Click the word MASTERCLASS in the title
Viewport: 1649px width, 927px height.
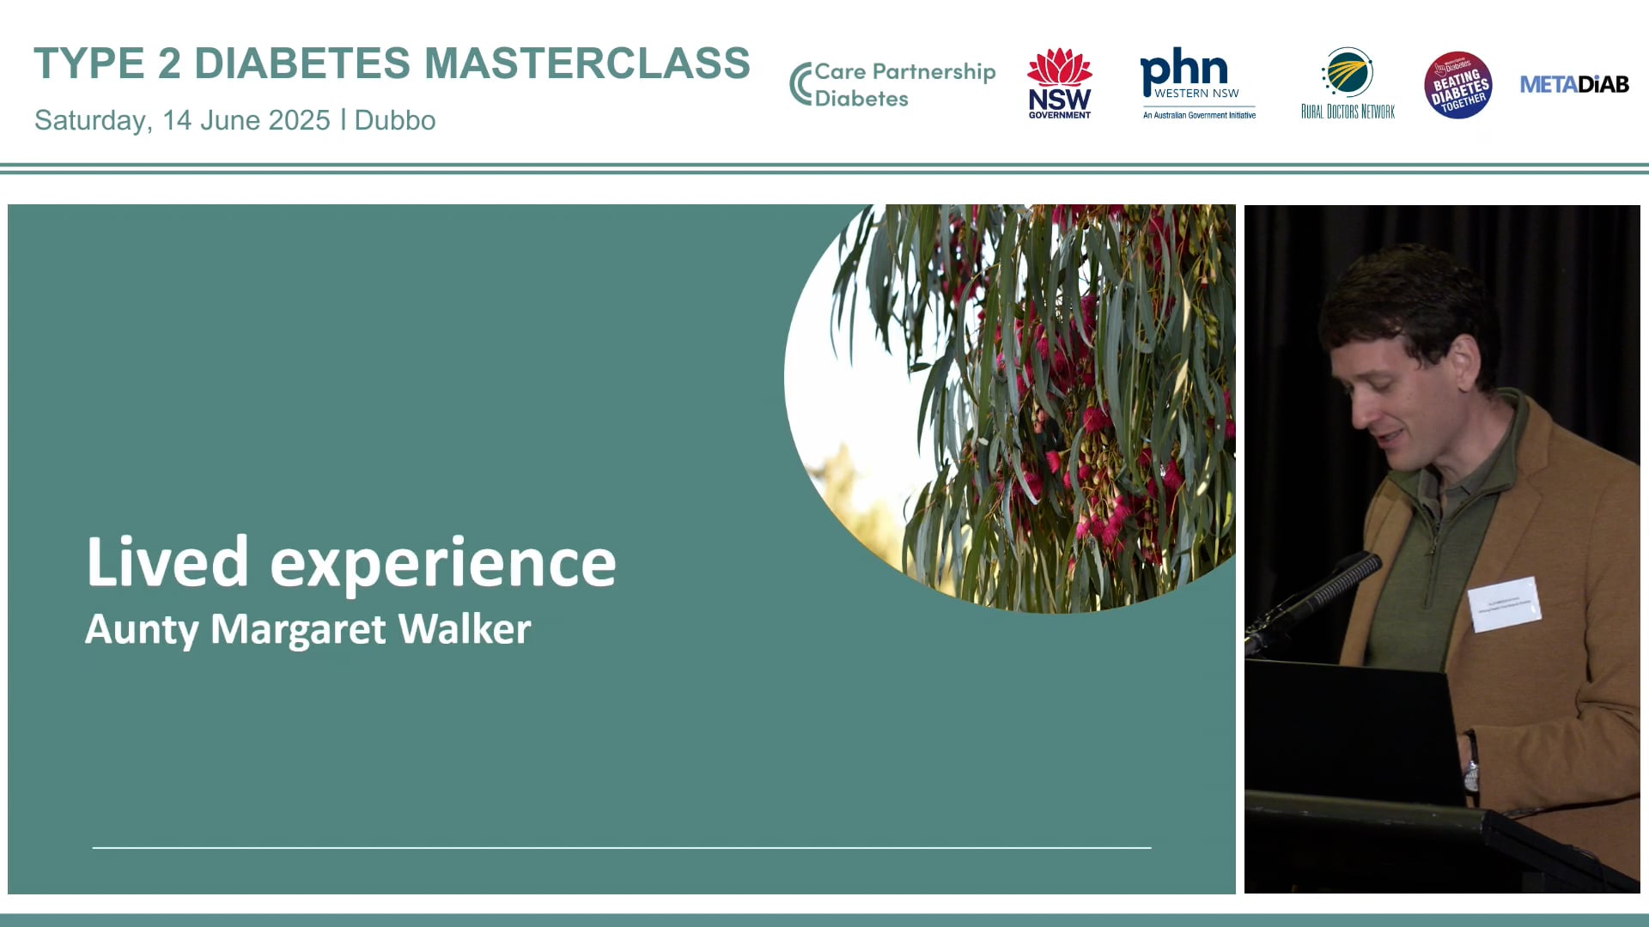coord(587,64)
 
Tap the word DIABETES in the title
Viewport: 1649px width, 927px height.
coord(302,64)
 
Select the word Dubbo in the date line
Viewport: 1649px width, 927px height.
coord(394,120)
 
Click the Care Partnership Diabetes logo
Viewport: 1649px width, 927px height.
coord(892,84)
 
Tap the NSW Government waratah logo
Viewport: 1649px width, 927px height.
coord(1060,82)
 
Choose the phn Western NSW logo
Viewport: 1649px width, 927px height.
coord(1197,83)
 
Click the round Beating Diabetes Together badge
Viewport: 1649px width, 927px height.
coord(1457,85)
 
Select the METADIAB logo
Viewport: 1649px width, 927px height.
coord(1574,84)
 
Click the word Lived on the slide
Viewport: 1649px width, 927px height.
coord(167,562)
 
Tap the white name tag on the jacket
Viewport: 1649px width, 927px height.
coord(1504,604)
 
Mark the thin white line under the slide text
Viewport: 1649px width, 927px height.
coord(622,847)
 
